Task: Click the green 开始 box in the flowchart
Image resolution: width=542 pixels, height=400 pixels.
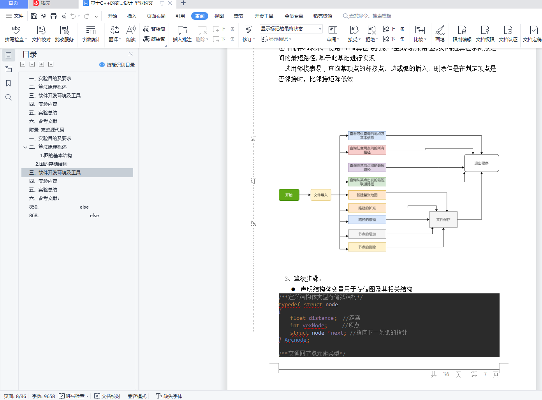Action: pos(289,195)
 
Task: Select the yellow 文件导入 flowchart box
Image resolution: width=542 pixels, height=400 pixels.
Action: pos(321,195)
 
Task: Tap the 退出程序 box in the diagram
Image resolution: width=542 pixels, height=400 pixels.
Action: pos(481,163)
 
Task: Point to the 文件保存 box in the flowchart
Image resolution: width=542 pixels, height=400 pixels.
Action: pos(443,219)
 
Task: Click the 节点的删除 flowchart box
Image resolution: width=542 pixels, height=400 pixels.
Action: pos(367,247)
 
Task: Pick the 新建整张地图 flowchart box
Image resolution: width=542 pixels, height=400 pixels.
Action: pos(367,195)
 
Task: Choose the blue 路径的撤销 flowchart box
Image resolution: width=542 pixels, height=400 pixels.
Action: pos(367,219)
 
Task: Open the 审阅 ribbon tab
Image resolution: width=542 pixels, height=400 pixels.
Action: pos(200,16)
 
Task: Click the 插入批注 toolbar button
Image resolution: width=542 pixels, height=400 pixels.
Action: pos(182,34)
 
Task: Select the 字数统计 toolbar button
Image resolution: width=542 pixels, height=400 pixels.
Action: pos(91,34)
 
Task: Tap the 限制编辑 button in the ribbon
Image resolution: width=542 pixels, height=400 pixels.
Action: pos(462,34)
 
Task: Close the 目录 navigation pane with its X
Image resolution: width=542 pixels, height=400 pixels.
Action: pos(130,54)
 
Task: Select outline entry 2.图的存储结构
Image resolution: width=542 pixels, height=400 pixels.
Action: pos(51,164)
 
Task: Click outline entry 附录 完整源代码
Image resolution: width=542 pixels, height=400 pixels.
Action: pos(47,130)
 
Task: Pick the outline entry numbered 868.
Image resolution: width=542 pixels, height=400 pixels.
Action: pos(34,215)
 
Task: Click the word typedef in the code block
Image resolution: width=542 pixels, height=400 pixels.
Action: pos(289,304)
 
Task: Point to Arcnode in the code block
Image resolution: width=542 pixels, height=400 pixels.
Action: pos(295,340)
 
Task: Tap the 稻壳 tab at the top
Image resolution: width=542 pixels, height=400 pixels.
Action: pos(45,3)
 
